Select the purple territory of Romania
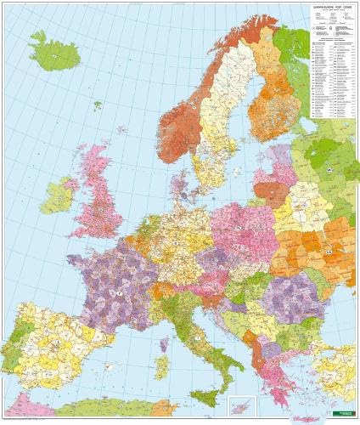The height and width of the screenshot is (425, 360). click(x=289, y=297)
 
